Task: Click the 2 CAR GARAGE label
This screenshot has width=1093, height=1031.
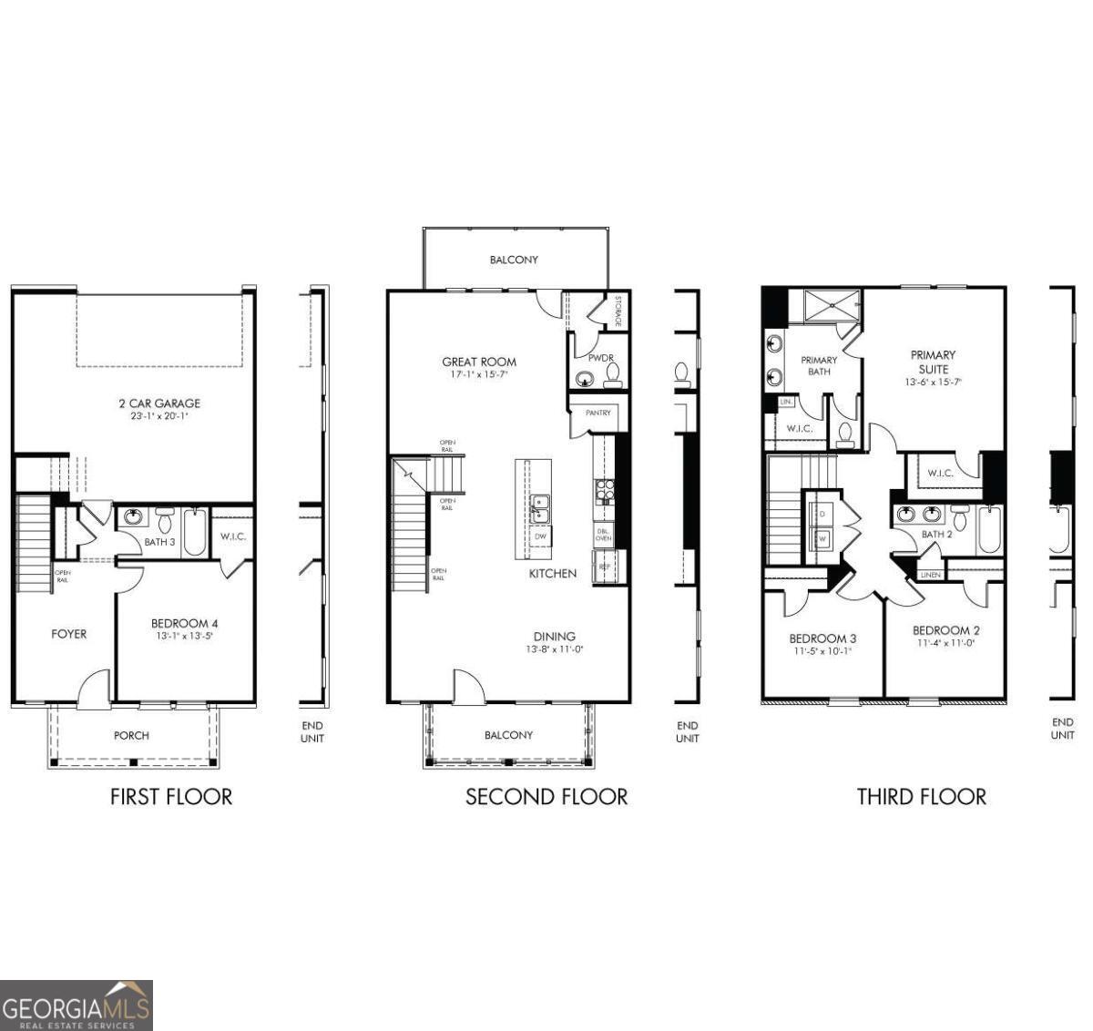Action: tap(159, 403)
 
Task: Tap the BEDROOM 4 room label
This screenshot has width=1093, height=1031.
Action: tap(184, 624)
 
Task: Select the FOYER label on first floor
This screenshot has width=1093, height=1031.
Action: tap(68, 634)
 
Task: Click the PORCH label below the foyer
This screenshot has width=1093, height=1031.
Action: tap(131, 735)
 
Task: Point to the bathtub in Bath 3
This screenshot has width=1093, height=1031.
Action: tap(195, 533)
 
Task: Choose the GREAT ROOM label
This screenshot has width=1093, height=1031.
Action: tap(479, 362)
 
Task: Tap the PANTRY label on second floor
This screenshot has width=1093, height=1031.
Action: tap(598, 413)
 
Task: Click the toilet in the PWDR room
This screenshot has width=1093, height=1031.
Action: tap(613, 373)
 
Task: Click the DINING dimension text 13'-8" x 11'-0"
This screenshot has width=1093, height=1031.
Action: tap(554, 650)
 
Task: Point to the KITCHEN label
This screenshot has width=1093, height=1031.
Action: tap(553, 574)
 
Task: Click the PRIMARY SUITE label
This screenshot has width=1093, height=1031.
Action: tap(933, 362)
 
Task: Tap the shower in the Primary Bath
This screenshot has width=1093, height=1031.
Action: tap(831, 306)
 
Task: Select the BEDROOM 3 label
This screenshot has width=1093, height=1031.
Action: tap(822, 638)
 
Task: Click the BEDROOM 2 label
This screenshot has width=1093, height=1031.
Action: tap(945, 630)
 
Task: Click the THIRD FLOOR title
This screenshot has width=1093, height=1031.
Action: tap(921, 797)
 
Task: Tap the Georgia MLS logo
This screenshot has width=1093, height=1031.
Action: tap(77, 1005)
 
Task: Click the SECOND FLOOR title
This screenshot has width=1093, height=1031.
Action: tap(546, 797)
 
